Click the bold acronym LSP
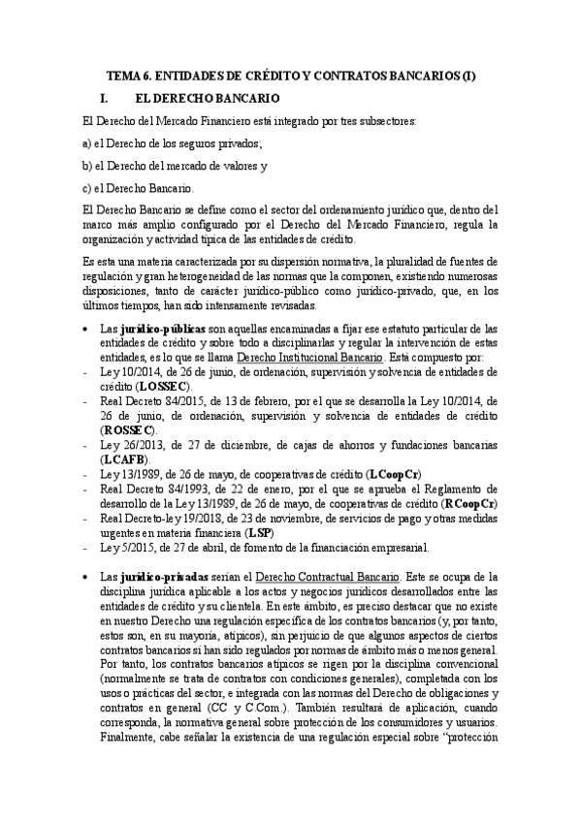click(x=258, y=533)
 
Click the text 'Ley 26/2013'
click(x=133, y=443)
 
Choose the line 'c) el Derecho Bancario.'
click(x=139, y=187)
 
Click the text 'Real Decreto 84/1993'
click(x=150, y=490)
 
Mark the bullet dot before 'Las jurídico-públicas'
click(x=87, y=330)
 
